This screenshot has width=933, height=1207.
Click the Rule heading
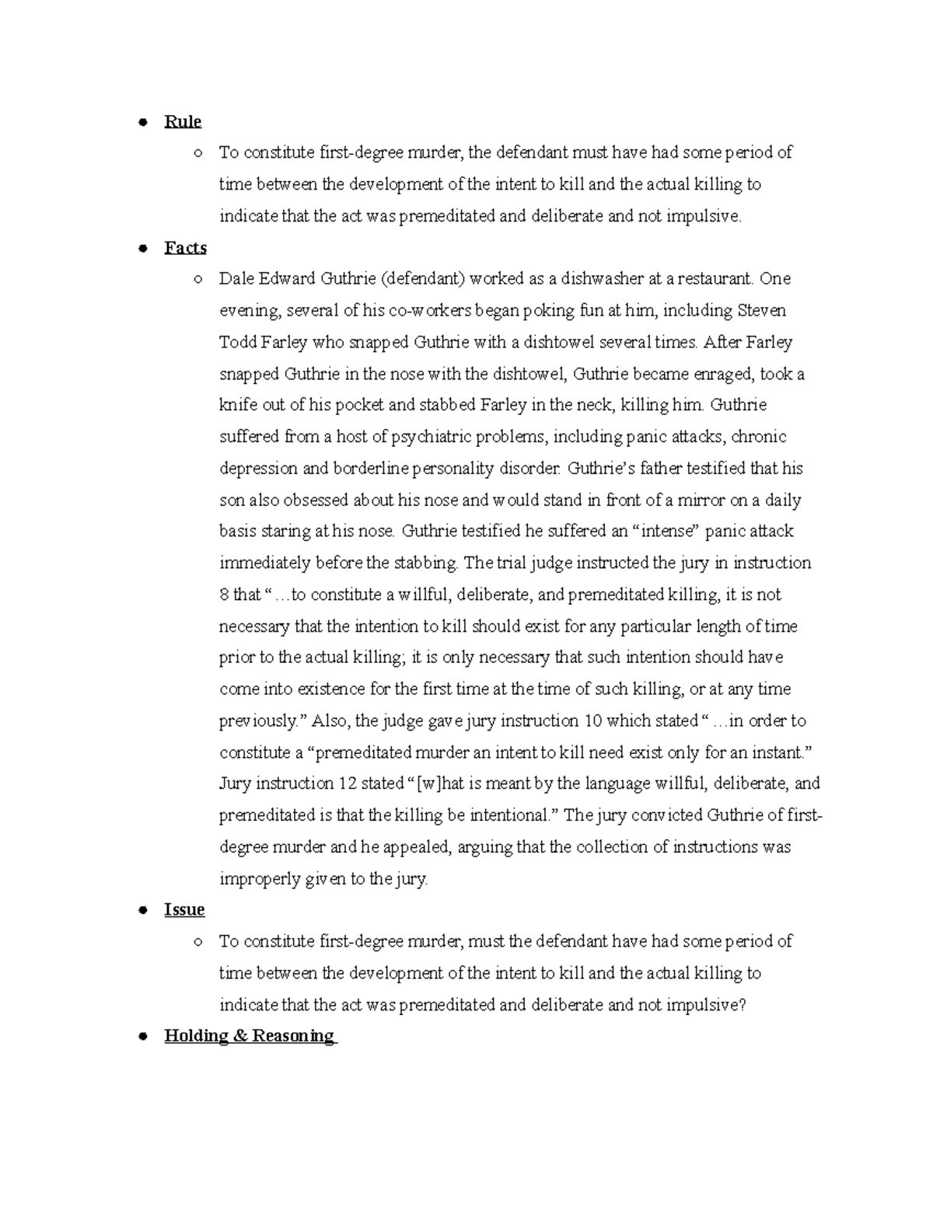pos(183,122)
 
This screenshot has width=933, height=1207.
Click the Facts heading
pos(185,248)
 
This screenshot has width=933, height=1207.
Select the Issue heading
pos(184,910)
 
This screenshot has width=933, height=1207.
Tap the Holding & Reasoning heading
pos(250,1036)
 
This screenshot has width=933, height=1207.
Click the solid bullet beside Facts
pos(142,249)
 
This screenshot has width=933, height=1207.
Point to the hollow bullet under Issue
pos(199,942)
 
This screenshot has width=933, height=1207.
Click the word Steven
pos(760,311)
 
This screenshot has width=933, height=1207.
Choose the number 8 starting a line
pos(225,595)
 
